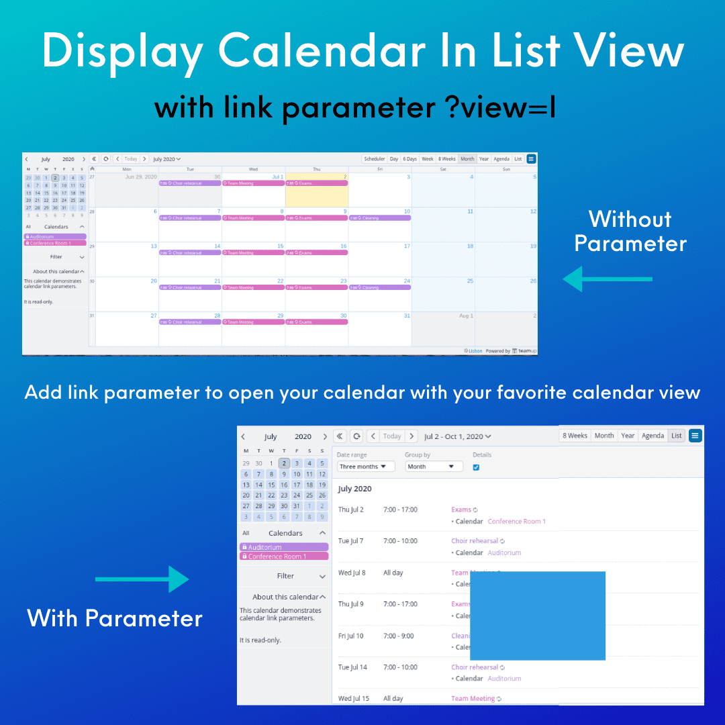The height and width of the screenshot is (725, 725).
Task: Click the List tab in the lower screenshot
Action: (x=676, y=436)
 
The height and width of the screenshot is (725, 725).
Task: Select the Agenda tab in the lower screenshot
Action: (x=652, y=436)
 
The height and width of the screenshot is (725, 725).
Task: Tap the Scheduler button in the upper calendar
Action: (x=375, y=159)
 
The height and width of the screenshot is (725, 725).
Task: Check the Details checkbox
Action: (x=476, y=467)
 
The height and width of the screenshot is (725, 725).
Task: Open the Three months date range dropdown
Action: (x=366, y=467)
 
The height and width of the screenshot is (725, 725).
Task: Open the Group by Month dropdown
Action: (x=434, y=467)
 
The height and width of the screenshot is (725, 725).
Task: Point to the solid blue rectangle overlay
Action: (x=538, y=616)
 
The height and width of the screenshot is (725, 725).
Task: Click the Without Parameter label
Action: (x=630, y=231)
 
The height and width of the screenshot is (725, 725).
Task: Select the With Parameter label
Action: (x=115, y=618)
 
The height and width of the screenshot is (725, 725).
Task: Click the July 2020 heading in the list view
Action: (x=354, y=489)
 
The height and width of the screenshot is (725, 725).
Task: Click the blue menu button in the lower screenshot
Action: (x=695, y=436)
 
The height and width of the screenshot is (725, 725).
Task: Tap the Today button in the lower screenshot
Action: (x=391, y=436)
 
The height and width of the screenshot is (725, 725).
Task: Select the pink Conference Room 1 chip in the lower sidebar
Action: (x=284, y=557)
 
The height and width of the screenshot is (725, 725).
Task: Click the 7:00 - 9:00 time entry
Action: (x=399, y=636)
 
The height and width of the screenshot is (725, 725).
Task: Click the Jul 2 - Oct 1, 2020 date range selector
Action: (x=457, y=436)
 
